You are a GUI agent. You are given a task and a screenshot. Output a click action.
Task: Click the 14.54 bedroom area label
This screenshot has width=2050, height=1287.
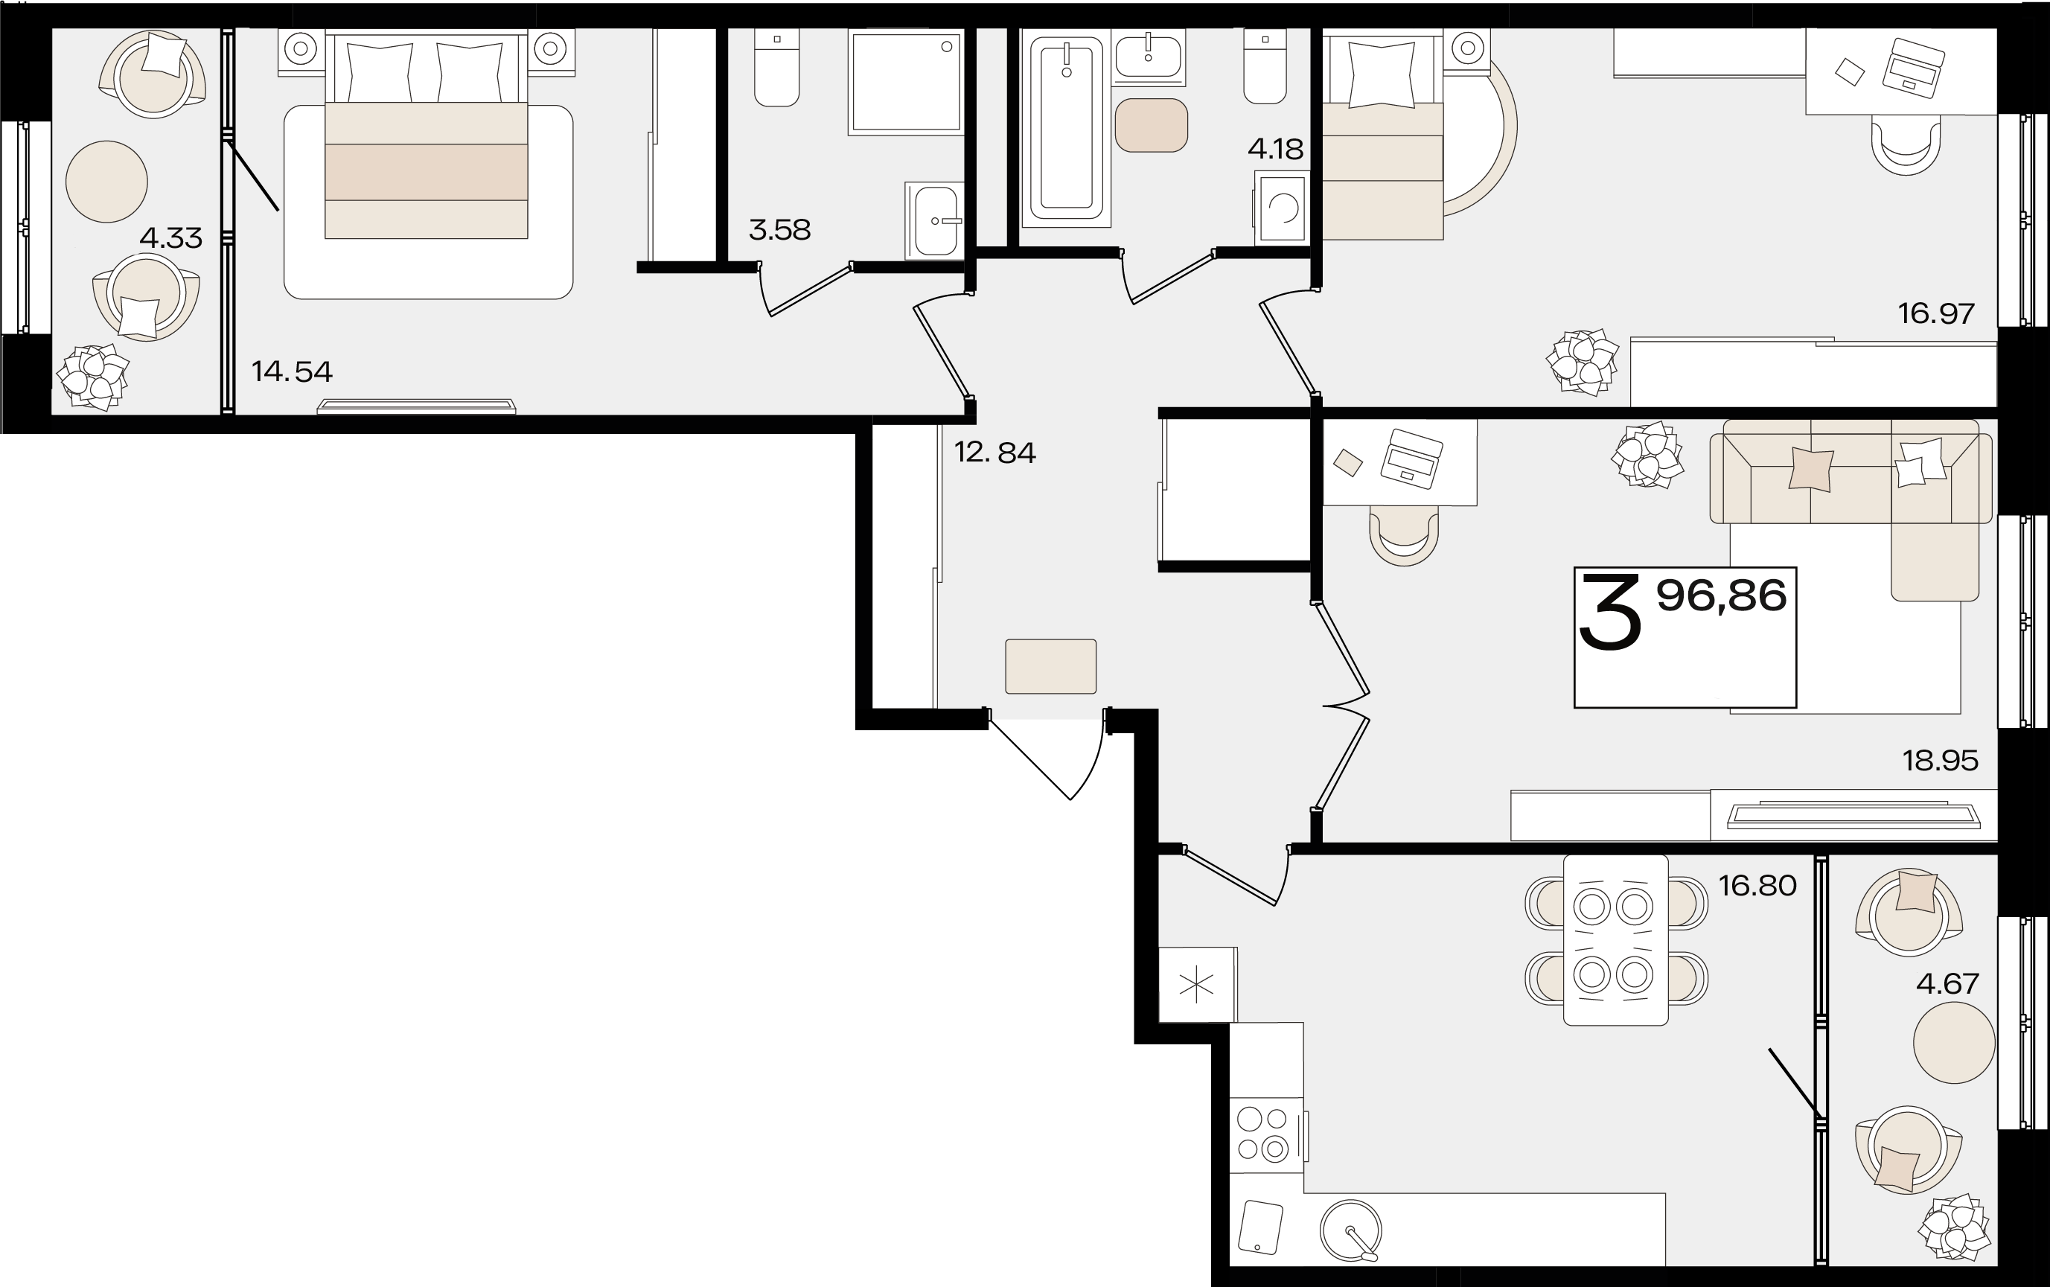point(292,371)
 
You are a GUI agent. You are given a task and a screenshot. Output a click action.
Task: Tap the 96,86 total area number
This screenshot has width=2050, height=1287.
point(1722,595)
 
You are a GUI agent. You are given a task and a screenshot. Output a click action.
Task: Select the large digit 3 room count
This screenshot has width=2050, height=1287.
point(1610,612)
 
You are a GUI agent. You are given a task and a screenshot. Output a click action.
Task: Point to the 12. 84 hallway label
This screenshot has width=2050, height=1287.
point(994,452)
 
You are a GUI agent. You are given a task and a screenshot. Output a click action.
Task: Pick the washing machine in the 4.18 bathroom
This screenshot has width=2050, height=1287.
point(1282,206)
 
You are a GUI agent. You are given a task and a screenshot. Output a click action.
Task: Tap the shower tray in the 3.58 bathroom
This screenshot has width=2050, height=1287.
point(905,83)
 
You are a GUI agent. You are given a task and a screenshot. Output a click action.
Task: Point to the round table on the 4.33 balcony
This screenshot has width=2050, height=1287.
point(106,182)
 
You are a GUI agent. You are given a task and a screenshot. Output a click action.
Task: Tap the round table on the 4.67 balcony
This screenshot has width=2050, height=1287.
point(1954,1042)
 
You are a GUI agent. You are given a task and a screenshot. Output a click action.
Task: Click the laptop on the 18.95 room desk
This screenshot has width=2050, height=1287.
point(1411,458)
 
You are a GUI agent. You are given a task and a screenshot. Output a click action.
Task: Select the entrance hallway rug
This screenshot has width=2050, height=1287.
point(1051,666)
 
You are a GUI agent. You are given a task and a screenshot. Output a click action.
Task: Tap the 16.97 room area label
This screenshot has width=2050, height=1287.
point(1936,313)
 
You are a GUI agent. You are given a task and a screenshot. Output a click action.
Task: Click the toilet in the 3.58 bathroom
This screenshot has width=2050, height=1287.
point(776,68)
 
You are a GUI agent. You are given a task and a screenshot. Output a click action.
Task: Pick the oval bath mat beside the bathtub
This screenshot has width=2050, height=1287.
point(1152,125)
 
